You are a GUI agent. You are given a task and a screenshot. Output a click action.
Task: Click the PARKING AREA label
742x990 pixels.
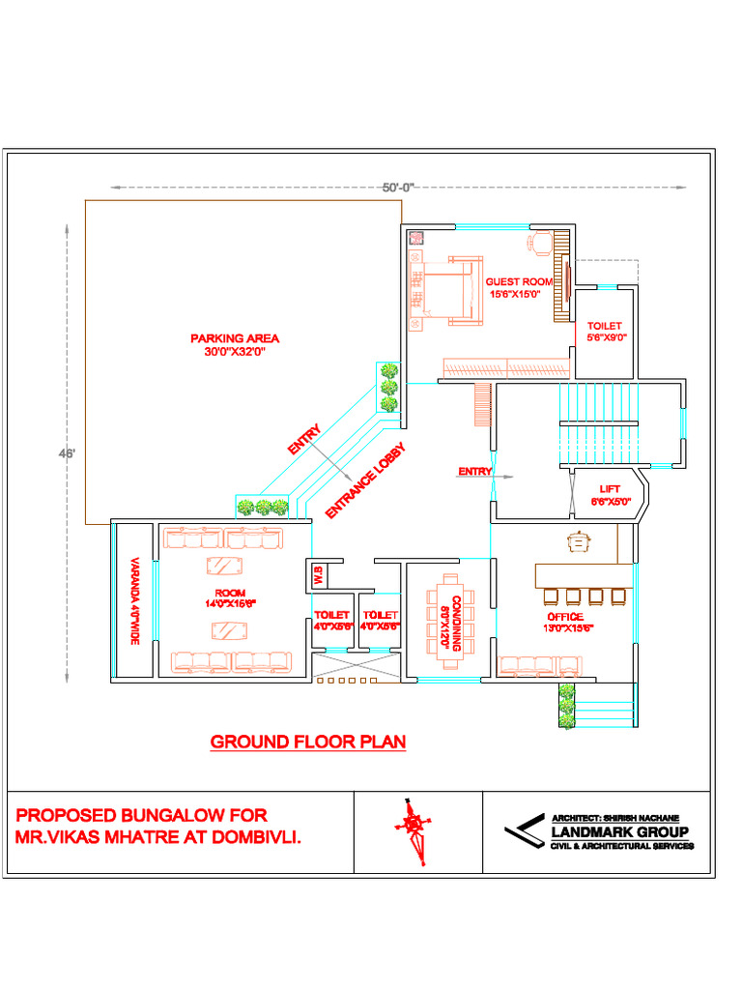[x=234, y=345]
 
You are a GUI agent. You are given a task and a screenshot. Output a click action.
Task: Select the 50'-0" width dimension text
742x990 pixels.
[x=397, y=188]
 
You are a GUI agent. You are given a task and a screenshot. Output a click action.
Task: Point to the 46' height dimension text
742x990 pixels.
[x=68, y=452]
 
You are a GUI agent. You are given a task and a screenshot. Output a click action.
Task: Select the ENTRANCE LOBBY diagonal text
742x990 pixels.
[x=364, y=481]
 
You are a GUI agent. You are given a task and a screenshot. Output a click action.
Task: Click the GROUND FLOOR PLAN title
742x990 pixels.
[x=308, y=742]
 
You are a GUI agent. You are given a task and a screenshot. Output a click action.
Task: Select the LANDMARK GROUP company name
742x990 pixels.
[x=619, y=832]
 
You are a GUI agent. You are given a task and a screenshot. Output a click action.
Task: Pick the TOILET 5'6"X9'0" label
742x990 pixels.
[x=605, y=332]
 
